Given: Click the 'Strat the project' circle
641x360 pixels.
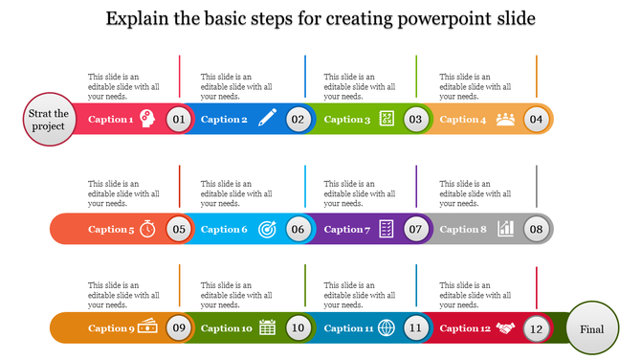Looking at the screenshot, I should click(48, 120).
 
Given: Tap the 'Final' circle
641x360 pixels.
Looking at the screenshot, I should click(591, 329).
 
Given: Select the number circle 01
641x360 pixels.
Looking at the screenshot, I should click(178, 120).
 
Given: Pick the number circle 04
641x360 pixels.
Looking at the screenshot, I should click(536, 120).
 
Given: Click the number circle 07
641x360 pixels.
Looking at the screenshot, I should click(415, 230).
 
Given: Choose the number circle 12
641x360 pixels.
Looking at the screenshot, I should click(536, 329).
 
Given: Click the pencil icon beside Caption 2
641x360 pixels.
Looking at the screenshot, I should click(268, 120).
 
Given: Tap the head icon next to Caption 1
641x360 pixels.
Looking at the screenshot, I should click(148, 120).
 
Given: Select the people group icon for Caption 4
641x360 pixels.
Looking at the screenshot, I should click(505, 120).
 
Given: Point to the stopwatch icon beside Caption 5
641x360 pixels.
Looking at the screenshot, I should click(148, 230).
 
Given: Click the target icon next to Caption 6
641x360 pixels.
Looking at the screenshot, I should click(268, 230).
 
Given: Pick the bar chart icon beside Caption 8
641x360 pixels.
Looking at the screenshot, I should click(505, 230).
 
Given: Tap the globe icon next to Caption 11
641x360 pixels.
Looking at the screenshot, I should click(387, 328).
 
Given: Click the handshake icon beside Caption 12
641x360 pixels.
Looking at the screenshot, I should click(505, 328).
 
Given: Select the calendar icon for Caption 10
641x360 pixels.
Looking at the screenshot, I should click(268, 328).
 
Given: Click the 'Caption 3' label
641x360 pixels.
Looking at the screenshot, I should click(347, 120).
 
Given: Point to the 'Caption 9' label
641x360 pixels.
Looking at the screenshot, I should click(111, 329).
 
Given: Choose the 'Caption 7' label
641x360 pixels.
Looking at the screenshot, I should click(347, 230).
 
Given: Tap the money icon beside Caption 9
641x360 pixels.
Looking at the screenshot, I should click(148, 327).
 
